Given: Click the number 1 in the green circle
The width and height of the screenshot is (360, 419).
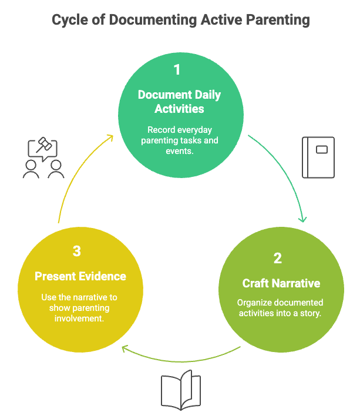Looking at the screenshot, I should coord(177,70).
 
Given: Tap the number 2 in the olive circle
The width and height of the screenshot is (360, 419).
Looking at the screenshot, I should coord(277,259).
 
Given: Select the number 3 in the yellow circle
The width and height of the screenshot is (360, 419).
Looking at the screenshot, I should coord(77,252).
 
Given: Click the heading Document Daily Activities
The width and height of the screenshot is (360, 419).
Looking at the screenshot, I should coord(179,102).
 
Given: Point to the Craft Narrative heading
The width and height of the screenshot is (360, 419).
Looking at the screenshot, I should coord(281,283).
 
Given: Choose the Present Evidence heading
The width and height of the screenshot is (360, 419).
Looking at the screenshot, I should coord(80,276).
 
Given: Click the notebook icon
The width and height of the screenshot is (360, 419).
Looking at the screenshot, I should coord(318,157).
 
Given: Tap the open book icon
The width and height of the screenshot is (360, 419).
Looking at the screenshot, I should coord(181,390).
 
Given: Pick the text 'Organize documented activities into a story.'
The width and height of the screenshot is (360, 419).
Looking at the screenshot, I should coord(280,308).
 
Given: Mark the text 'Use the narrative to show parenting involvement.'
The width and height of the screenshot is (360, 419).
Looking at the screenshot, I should coord(80,307).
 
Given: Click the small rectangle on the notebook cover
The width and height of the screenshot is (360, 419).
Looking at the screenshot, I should coord(321,149).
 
